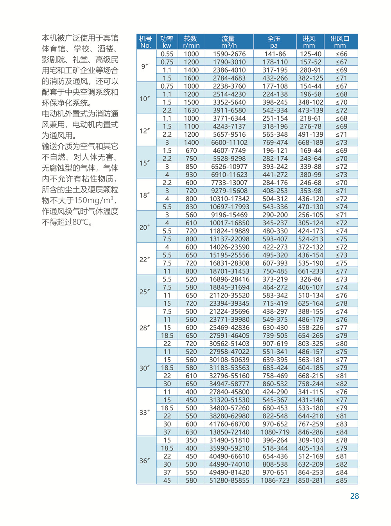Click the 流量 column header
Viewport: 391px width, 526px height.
coord(229,42)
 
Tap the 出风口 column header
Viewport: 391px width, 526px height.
coord(340,42)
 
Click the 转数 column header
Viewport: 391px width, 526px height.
coord(191,42)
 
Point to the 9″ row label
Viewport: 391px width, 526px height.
coord(145,66)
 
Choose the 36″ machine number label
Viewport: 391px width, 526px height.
coord(145,461)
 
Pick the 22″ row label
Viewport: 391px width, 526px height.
coord(145,260)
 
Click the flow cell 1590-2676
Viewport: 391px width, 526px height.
coord(229,54)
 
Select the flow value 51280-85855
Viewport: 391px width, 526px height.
coord(229,481)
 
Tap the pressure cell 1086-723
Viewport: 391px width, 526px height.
coord(275,481)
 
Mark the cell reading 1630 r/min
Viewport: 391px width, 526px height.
coord(191,111)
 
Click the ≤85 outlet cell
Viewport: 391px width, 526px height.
coord(341,481)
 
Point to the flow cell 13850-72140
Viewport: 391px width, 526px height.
coord(229,432)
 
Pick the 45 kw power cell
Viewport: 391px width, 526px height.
coord(167,481)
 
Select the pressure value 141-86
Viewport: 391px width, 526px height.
coord(275,54)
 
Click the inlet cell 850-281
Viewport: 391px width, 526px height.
coord(310,481)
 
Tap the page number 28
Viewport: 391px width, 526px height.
coord(354,496)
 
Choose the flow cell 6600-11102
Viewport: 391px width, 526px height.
coord(229,143)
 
